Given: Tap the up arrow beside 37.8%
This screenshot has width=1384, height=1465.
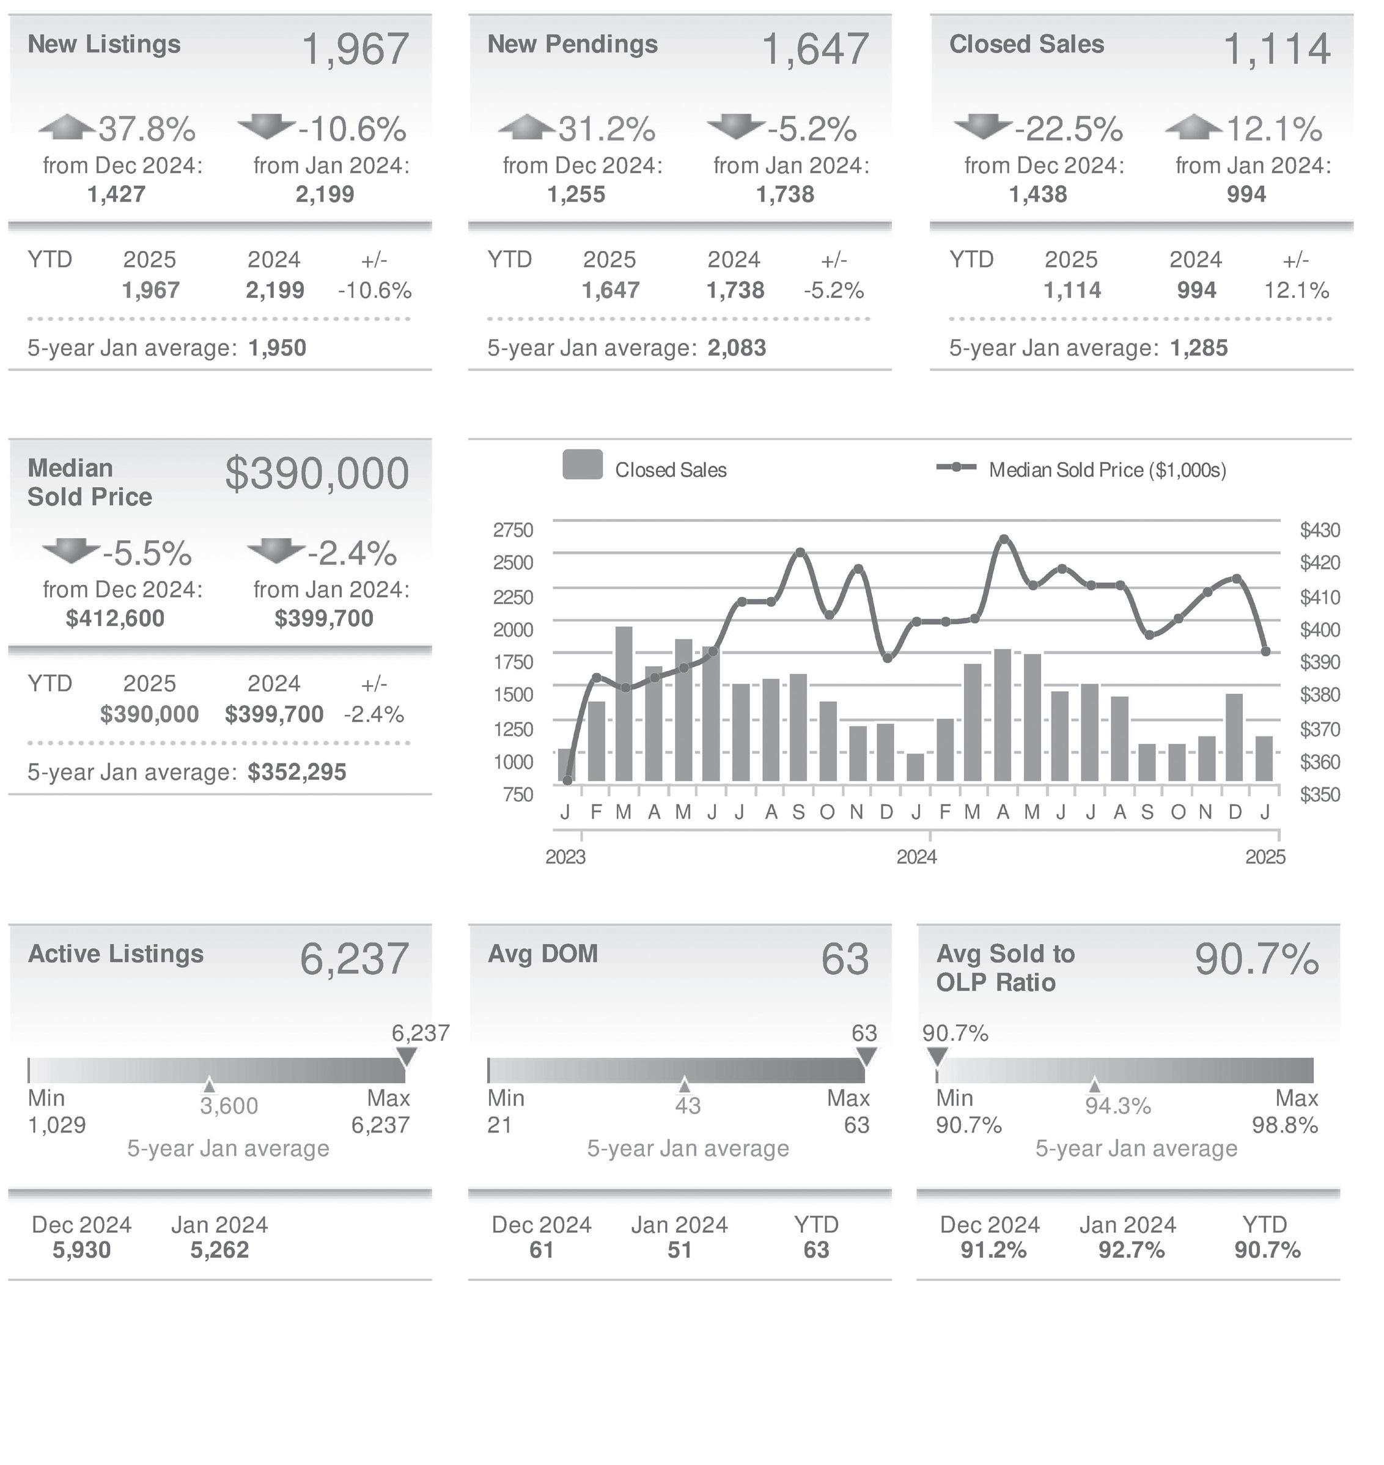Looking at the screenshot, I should point(67,127).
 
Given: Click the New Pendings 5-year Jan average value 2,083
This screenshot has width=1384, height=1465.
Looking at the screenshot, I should point(736,347).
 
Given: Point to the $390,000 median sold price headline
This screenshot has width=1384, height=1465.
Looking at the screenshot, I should point(317,474).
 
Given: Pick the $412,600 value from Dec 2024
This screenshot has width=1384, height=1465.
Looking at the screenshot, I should point(115,618).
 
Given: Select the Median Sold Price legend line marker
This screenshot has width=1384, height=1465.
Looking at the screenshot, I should point(956,468).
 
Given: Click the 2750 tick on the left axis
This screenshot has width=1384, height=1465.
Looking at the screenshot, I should point(513,530).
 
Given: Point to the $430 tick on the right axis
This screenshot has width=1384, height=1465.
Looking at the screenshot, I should point(1320,530).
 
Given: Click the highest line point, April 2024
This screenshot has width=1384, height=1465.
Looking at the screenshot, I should point(1003,539).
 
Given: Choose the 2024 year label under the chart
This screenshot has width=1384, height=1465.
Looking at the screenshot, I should point(916,856).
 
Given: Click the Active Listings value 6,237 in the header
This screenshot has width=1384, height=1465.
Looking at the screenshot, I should point(354,959).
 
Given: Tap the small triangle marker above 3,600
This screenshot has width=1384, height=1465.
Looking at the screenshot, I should point(210,1084).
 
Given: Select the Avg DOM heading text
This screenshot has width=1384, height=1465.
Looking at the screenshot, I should point(542,954).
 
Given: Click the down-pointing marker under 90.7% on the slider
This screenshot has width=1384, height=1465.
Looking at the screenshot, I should point(937,1056).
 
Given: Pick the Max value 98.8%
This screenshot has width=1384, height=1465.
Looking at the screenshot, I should point(1284,1125).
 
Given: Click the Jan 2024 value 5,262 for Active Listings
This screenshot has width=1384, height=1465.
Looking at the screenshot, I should point(219,1250).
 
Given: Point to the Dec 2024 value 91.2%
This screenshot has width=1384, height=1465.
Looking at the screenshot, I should point(993,1250).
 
